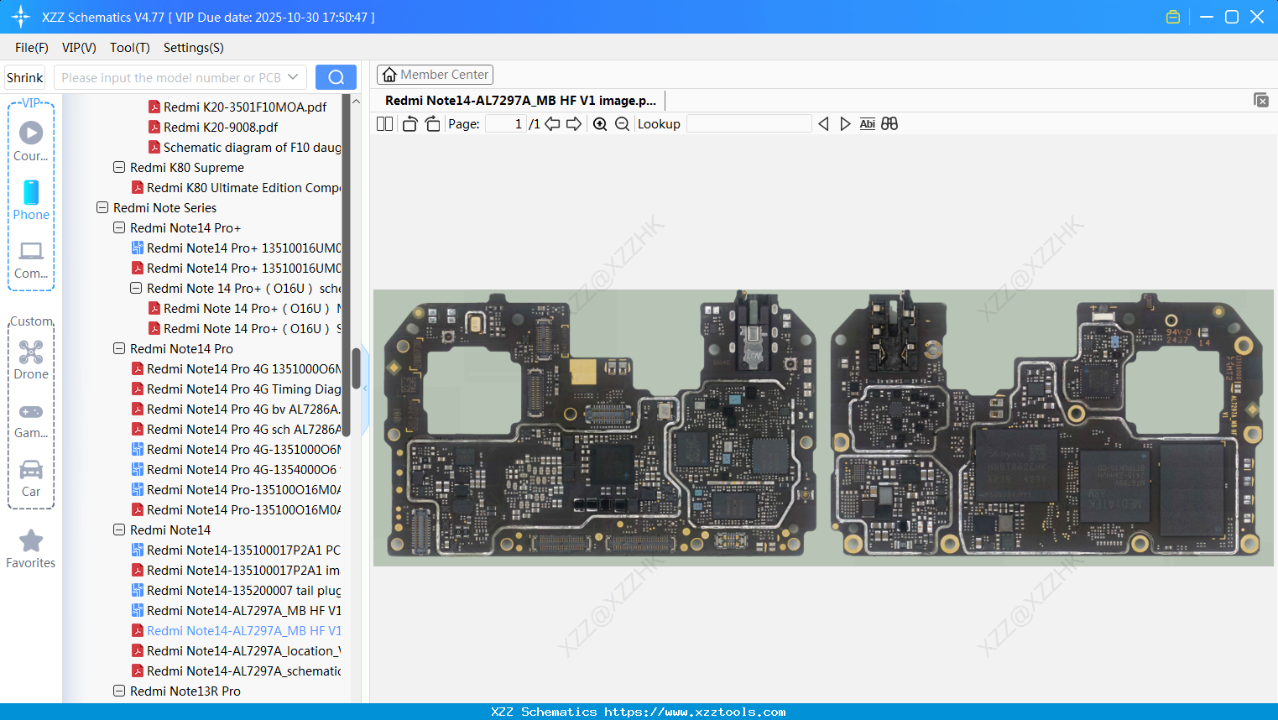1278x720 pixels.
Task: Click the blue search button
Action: tap(336, 77)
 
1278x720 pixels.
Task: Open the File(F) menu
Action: tap(31, 48)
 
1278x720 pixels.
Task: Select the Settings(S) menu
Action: tap(193, 48)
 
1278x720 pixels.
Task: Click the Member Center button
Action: tap(435, 75)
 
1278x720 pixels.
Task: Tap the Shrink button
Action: tap(24, 77)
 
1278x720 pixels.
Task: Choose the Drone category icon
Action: tap(31, 353)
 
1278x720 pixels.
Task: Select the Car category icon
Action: tap(31, 471)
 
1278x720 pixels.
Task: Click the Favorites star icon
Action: tap(31, 541)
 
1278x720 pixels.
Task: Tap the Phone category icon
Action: tap(31, 193)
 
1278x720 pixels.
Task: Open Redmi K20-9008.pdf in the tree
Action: tap(220, 128)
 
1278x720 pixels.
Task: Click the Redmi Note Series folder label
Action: tap(164, 208)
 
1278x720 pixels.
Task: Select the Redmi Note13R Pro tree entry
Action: tap(185, 691)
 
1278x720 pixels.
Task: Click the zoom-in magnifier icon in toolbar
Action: tap(600, 124)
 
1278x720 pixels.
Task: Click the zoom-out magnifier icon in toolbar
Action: tap(622, 124)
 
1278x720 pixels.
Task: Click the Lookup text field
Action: tap(749, 124)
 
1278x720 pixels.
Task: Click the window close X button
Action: tap(1257, 17)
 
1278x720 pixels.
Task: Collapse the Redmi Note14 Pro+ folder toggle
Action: tap(119, 228)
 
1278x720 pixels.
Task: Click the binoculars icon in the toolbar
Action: tap(889, 124)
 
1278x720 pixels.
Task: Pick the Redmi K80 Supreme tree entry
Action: tap(186, 168)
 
